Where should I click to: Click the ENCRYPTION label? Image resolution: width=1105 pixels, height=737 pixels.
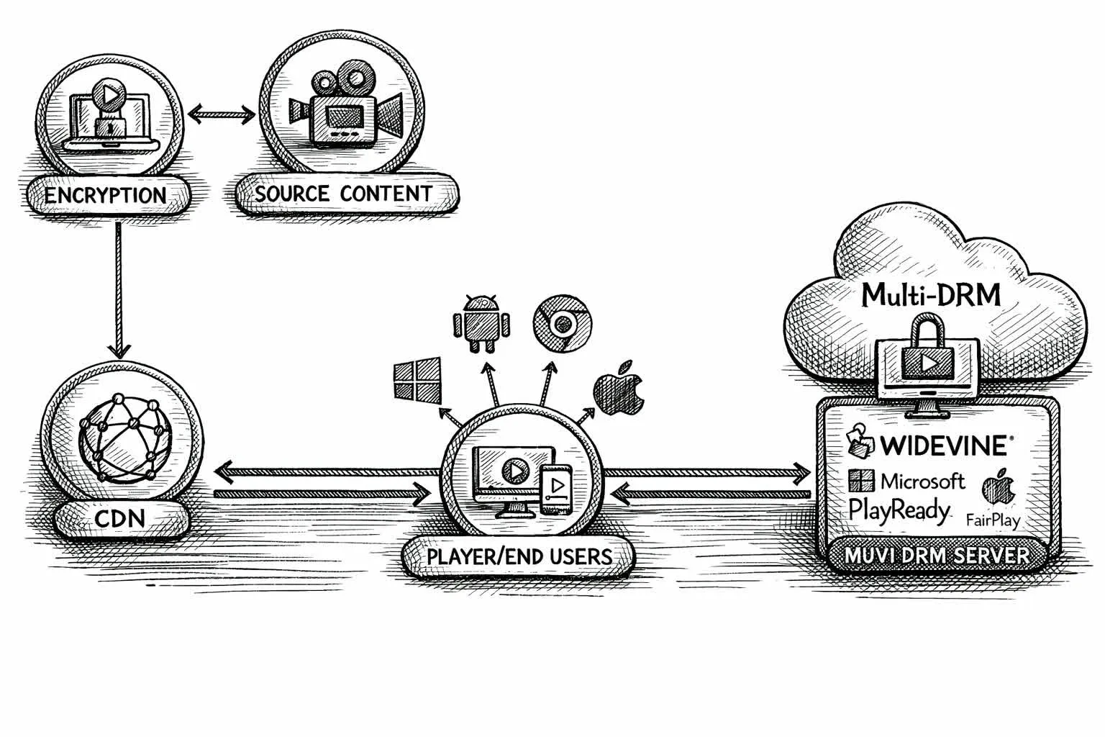click(106, 195)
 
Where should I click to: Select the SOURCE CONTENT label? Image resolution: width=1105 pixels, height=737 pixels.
click(344, 194)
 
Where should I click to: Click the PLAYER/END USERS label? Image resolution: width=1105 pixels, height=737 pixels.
click(519, 556)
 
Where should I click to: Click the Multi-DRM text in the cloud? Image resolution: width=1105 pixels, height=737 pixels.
click(931, 294)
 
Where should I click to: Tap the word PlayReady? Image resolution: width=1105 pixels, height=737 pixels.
click(899, 510)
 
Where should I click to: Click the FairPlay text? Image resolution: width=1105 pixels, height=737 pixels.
click(993, 520)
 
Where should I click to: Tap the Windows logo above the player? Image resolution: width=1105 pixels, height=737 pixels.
click(417, 381)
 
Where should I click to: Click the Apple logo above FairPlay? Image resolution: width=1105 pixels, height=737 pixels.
click(997, 487)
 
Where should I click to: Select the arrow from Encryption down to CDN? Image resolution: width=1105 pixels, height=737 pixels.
click(119, 288)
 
